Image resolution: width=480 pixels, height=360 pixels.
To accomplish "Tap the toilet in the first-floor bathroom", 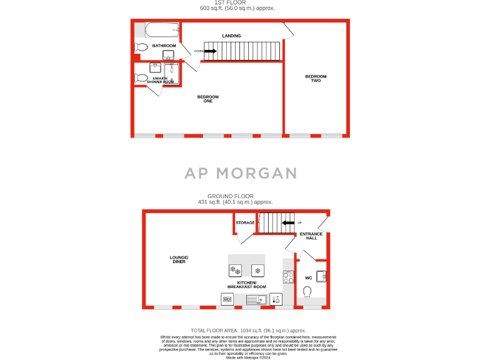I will tap(141, 47).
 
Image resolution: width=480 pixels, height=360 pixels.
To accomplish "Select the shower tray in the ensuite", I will tap(171, 74).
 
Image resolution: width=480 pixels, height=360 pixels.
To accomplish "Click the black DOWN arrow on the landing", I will tap(210, 51).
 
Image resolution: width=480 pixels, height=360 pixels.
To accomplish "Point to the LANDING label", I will tap(231, 36).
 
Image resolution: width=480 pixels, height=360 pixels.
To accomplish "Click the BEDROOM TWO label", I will tap(316, 79).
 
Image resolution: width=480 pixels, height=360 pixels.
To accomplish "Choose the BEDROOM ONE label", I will tap(208, 99).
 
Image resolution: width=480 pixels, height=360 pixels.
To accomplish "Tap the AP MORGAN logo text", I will tap(239, 173).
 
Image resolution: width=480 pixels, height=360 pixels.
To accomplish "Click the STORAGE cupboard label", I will tap(245, 222).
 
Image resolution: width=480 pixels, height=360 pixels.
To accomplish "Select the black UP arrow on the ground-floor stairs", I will tap(287, 222).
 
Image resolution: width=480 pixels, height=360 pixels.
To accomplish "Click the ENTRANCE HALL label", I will tap(311, 236).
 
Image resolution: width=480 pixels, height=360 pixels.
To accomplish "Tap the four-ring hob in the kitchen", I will tap(289, 277).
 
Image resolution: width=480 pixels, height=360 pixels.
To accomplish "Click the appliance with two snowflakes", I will tap(236, 271).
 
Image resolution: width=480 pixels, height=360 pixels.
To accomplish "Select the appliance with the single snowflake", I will tap(257, 271).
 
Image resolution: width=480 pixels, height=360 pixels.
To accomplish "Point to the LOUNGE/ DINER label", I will tap(179, 259).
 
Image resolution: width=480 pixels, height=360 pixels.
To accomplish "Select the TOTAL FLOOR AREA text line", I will tap(248, 330).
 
